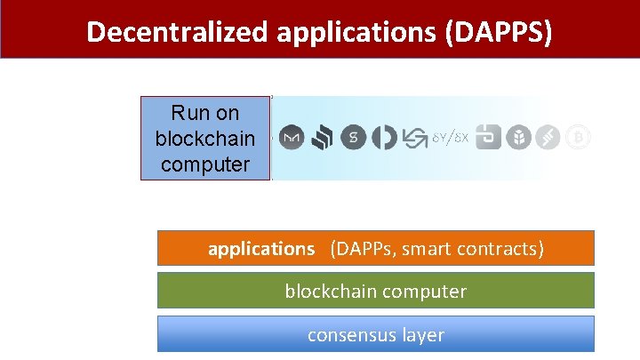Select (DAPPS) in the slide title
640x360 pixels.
pyautogui.click(x=501, y=32)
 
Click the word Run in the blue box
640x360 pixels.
pyautogui.click(x=192, y=114)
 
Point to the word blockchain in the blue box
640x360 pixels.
pyautogui.click(x=204, y=140)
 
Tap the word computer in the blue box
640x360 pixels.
pyautogui.click(x=204, y=164)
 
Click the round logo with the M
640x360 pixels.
pyautogui.click(x=292, y=138)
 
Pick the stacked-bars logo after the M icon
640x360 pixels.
pyautogui.click(x=323, y=138)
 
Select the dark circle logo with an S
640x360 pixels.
pyautogui.click(x=354, y=138)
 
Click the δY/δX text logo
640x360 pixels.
pyautogui.click(x=450, y=138)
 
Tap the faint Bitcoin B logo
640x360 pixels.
pyautogui.click(x=578, y=138)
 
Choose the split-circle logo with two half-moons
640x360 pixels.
pyautogui.click(x=384, y=138)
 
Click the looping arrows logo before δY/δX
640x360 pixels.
pyautogui.click(x=415, y=138)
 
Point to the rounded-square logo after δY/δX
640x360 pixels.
pyautogui.click(x=488, y=138)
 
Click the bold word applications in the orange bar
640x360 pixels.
pyautogui.click(x=261, y=249)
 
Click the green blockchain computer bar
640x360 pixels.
pyautogui.click(x=375, y=291)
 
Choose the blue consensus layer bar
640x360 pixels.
pyautogui.click(x=375, y=334)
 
